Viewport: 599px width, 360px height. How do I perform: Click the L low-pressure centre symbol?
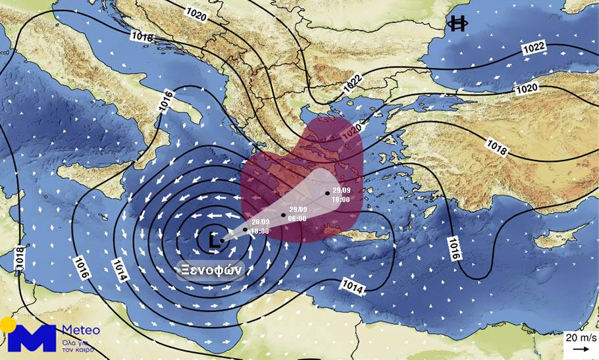click(213, 241)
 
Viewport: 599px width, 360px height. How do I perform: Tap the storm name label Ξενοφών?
click(213, 269)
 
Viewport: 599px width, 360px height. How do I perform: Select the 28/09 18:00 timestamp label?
click(260, 227)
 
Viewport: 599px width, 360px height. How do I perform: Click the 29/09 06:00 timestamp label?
click(298, 213)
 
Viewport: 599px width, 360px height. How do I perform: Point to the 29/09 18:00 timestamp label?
click(341, 195)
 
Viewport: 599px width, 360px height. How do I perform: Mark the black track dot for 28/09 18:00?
click(246, 230)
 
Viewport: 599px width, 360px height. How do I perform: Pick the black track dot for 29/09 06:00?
click(284, 215)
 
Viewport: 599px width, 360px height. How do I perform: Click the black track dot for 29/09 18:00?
click(326, 193)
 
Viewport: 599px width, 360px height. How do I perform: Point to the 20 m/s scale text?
click(579, 338)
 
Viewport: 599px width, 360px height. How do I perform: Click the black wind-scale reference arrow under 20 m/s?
click(579, 349)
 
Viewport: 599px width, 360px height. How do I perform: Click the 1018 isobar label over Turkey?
click(496, 145)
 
